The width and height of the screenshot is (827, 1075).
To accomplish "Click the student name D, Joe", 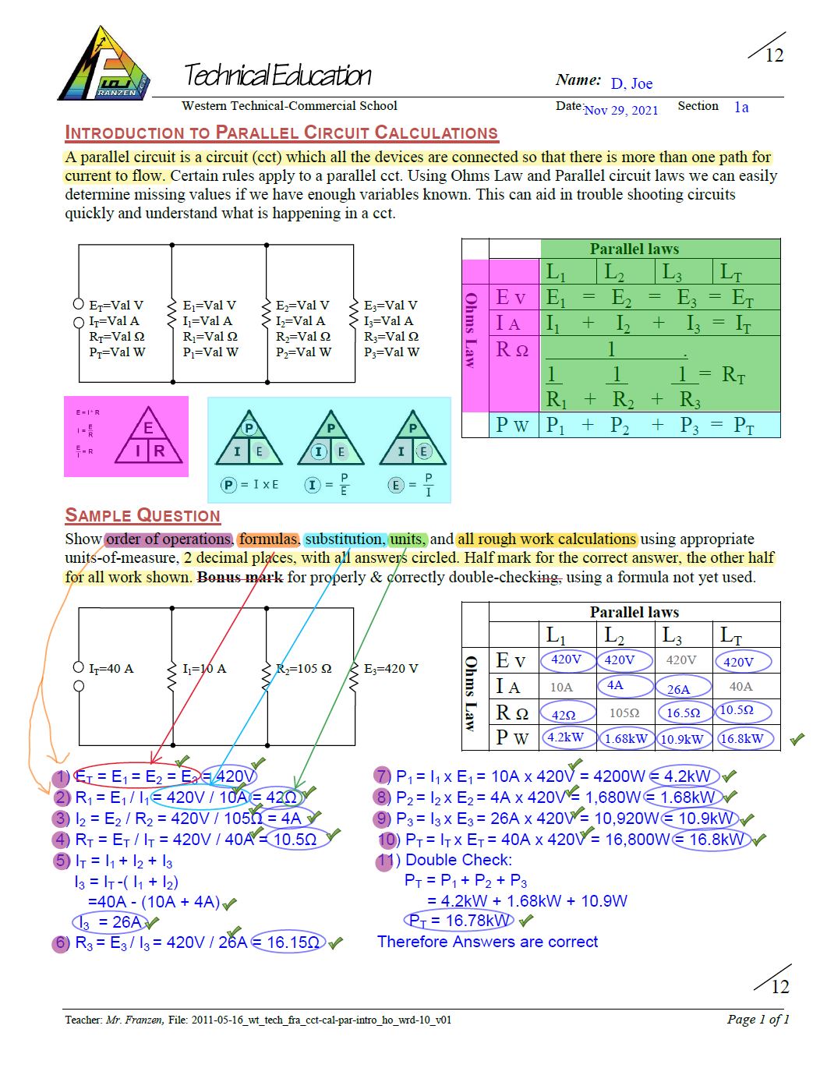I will point(631,83).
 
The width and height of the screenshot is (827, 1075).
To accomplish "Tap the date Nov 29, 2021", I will point(620,110).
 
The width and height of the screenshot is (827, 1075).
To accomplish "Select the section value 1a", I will point(741,108).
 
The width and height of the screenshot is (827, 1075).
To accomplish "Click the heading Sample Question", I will point(143,515).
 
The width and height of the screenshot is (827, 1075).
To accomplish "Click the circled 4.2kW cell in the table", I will point(565,737).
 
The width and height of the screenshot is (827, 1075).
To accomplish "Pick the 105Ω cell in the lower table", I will point(624,713).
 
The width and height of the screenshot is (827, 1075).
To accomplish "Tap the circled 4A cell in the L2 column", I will point(617,685).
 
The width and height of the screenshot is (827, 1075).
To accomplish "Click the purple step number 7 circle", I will point(382,776).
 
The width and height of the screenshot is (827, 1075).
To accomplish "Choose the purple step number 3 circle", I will point(62,819).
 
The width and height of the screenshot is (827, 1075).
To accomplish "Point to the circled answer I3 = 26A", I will point(111,922).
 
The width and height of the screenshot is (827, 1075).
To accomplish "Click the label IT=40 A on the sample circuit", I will point(111,668).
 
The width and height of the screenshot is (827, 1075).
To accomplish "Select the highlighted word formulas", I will point(268,539).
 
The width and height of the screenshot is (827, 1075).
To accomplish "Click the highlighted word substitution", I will point(344,539).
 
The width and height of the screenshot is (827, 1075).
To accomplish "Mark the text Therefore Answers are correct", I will point(487,942).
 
